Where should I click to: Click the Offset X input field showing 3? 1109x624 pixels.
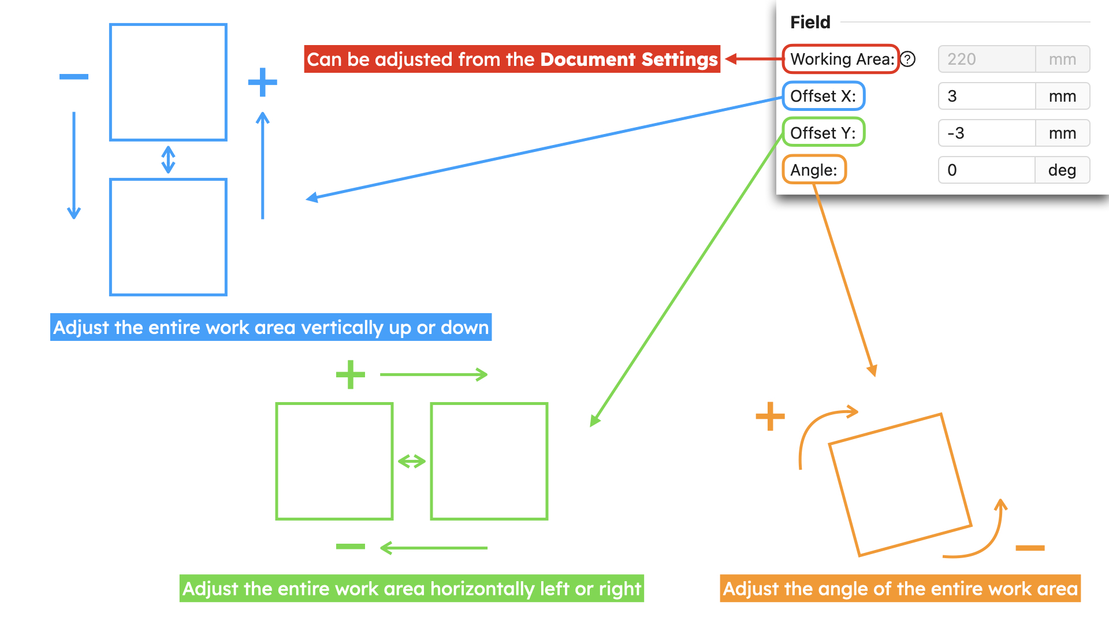coord(987,96)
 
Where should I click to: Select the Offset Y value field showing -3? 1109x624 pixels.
coord(987,133)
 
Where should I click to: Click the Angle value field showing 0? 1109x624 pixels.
coord(987,170)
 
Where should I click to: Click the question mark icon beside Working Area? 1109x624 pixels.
coord(908,59)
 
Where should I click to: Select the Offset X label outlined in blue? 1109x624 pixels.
coord(824,96)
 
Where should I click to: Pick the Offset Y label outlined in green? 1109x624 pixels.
coord(824,132)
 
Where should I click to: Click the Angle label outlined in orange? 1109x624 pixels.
coord(814,170)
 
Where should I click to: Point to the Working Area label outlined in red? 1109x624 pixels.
coord(841,59)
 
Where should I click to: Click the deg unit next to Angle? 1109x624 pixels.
coord(1062,170)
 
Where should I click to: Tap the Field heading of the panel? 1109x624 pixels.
coord(810,22)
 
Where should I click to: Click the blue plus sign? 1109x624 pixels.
coord(263,82)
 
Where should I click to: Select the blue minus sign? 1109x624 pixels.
coord(74,77)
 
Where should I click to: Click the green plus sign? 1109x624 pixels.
coord(351,374)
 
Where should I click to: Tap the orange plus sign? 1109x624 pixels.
coord(771,416)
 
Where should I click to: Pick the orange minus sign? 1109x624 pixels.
coord(1030,548)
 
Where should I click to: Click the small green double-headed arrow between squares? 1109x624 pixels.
coord(412,461)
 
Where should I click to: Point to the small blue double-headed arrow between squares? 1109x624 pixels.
coord(168,159)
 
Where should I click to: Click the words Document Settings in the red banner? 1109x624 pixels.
coord(629,59)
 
